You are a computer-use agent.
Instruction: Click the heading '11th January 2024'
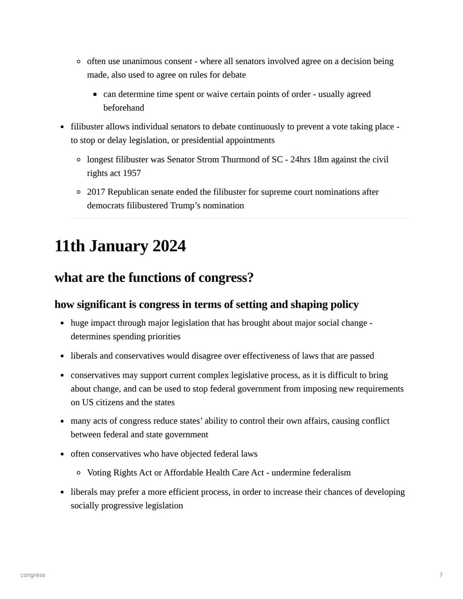(120, 246)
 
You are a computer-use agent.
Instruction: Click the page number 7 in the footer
(441, 575)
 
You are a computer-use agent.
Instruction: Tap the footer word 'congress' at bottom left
(33, 575)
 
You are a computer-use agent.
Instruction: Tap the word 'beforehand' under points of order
(123, 108)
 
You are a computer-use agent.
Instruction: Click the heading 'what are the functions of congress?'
(154, 278)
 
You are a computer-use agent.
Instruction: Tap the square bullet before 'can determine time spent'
(95, 94)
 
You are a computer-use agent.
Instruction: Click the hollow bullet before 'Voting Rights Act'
(78, 473)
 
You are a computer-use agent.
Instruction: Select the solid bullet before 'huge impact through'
(62, 323)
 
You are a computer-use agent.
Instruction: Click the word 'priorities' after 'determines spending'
(164, 337)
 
